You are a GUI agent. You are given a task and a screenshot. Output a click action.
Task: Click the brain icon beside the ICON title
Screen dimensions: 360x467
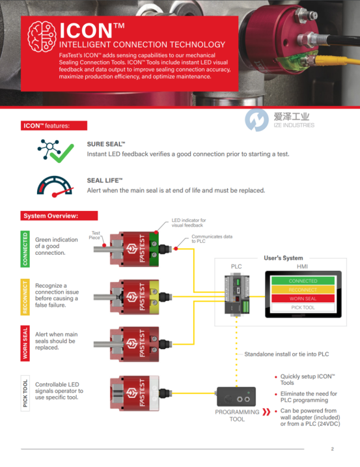pos(42,36)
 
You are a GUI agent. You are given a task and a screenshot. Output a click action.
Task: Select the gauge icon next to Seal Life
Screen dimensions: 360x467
pos(55,186)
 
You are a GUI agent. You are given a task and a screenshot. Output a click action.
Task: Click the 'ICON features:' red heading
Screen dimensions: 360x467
pos(54,126)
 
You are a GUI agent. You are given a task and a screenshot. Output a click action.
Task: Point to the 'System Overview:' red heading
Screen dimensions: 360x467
pos(59,216)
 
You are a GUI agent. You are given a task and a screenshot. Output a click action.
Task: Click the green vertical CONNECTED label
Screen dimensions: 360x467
pos(25,249)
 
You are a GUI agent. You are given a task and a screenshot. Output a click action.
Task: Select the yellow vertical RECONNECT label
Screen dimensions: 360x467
pos(25,297)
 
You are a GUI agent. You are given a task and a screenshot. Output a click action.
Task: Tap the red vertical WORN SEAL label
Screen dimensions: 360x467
pos(25,343)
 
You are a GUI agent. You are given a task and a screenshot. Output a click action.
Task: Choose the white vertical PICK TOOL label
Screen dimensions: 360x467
pos(25,393)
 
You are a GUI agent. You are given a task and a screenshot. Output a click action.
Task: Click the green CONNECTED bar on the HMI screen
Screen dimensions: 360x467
pos(303,281)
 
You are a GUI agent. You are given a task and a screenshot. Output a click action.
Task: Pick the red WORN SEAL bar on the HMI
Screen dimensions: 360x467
pos(303,298)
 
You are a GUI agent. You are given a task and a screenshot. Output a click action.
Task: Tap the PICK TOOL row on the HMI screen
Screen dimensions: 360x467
pos(303,307)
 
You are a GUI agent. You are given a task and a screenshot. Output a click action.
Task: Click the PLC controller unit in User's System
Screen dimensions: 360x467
pos(237,295)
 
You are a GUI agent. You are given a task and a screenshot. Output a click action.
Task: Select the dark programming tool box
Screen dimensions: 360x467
pos(236,397)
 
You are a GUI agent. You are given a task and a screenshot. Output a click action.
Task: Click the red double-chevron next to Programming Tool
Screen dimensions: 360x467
pos(266,412)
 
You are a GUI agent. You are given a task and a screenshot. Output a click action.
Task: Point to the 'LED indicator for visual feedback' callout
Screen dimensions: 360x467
pos(189,223)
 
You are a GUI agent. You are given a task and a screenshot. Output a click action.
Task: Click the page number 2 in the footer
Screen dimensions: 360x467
pos(332,449)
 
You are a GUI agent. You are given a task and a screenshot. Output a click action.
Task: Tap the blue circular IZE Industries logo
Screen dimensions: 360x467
pos(256,120)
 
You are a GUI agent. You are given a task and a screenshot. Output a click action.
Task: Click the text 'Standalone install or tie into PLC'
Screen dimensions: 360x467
pos(286,354)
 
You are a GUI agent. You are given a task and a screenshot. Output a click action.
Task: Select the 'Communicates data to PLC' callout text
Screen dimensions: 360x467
pos(212,239)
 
